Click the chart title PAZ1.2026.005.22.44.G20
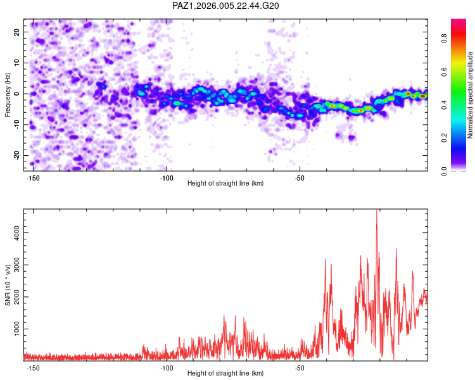(x=226, y=6)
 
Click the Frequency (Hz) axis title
(x=8, y=94)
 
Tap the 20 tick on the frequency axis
(x=17, y=32)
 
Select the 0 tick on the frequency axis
(x=19, y=94)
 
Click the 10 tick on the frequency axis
(x=17, y=63)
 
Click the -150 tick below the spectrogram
(x=33, y=178)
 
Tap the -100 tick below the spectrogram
(x=167, y=178)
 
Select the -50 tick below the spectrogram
(x=300, y=178)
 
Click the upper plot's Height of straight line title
(x=225, y=184)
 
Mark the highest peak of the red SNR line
(x=377, y=211)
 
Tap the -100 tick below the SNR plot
(x=167, y=368)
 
